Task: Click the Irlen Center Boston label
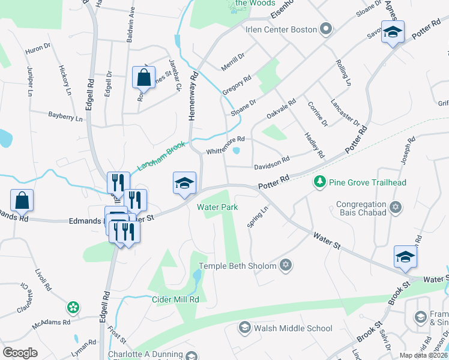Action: point(280,29)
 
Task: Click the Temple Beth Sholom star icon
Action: point(286,265)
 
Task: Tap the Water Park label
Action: point(217,207)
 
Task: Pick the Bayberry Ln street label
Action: point(65,116)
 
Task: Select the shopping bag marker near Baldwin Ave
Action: point(143,77)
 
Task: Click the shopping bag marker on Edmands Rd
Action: point(22,200)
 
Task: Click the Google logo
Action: point(20,353)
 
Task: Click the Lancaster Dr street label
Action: point(345,112)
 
